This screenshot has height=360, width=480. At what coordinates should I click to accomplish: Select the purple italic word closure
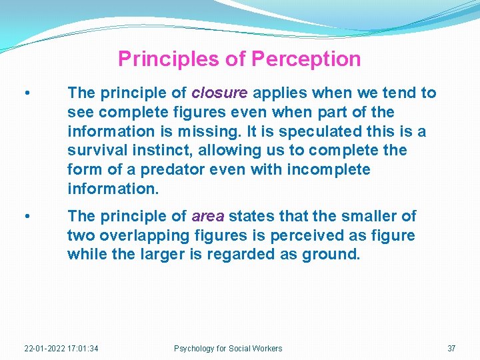point(219,93)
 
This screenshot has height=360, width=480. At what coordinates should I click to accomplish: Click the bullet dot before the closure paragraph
point(25,93)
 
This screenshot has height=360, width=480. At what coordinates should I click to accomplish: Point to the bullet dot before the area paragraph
point(25,217)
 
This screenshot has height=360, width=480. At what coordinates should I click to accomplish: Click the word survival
point(94,151)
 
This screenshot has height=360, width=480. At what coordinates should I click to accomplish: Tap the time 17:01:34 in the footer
point(83,348)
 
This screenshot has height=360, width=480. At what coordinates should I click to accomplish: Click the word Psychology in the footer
point(194,348)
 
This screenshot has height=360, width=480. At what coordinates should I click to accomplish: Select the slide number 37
point(451,348)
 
